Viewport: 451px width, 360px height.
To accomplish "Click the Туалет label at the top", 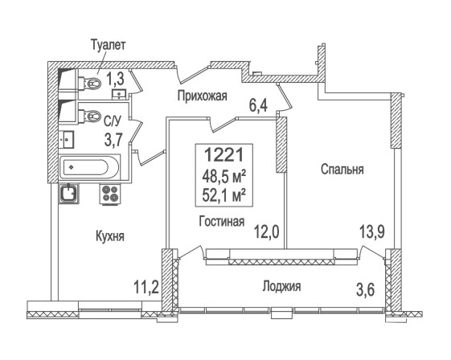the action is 109,45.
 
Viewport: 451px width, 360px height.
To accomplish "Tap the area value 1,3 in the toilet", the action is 115,79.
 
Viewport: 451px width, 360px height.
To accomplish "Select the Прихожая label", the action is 202,96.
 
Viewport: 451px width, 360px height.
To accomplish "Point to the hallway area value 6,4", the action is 258,105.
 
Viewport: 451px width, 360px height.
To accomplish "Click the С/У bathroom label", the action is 113,122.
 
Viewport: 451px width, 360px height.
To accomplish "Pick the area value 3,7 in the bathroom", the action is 113,140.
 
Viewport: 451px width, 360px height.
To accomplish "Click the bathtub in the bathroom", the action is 89,167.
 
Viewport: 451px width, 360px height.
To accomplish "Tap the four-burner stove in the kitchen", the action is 110,194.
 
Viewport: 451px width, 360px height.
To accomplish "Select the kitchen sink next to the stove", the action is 68,194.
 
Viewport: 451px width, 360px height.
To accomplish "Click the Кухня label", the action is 110,236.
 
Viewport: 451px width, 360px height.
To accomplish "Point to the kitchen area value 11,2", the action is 146,287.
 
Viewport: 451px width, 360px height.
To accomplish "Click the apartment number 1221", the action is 223,154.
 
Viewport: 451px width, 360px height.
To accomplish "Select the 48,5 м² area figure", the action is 223,176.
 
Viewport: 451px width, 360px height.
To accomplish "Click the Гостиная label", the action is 222,222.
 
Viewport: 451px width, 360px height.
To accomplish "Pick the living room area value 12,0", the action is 267,231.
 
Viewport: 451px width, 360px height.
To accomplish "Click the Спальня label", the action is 342,170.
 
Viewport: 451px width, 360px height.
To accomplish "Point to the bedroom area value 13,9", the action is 372,231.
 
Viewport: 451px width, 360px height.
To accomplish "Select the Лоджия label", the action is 281,287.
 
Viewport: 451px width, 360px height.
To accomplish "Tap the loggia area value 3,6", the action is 366,289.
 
